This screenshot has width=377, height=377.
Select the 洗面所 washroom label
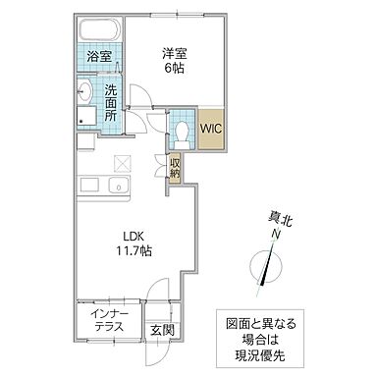click(x=111, y=101)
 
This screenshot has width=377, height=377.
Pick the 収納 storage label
click(x=175, y=169)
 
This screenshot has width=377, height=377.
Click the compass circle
click(x=262, y=268)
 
